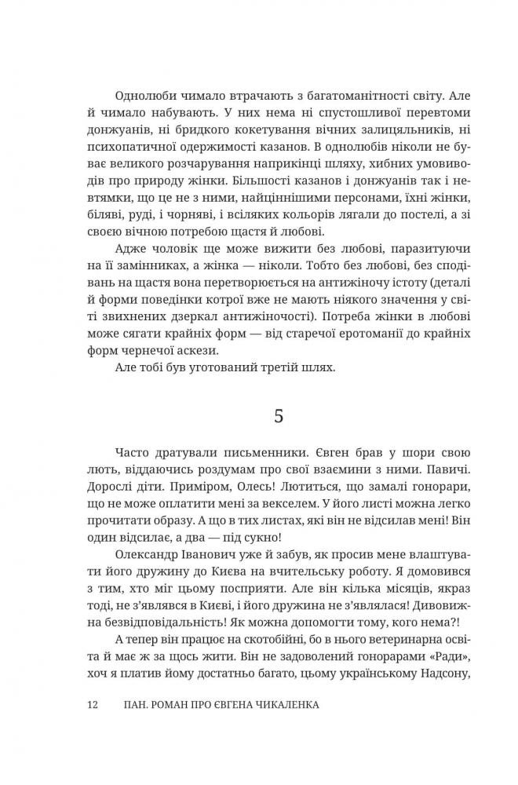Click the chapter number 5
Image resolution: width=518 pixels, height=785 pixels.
pyautogui.click(x=279, y=418)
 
